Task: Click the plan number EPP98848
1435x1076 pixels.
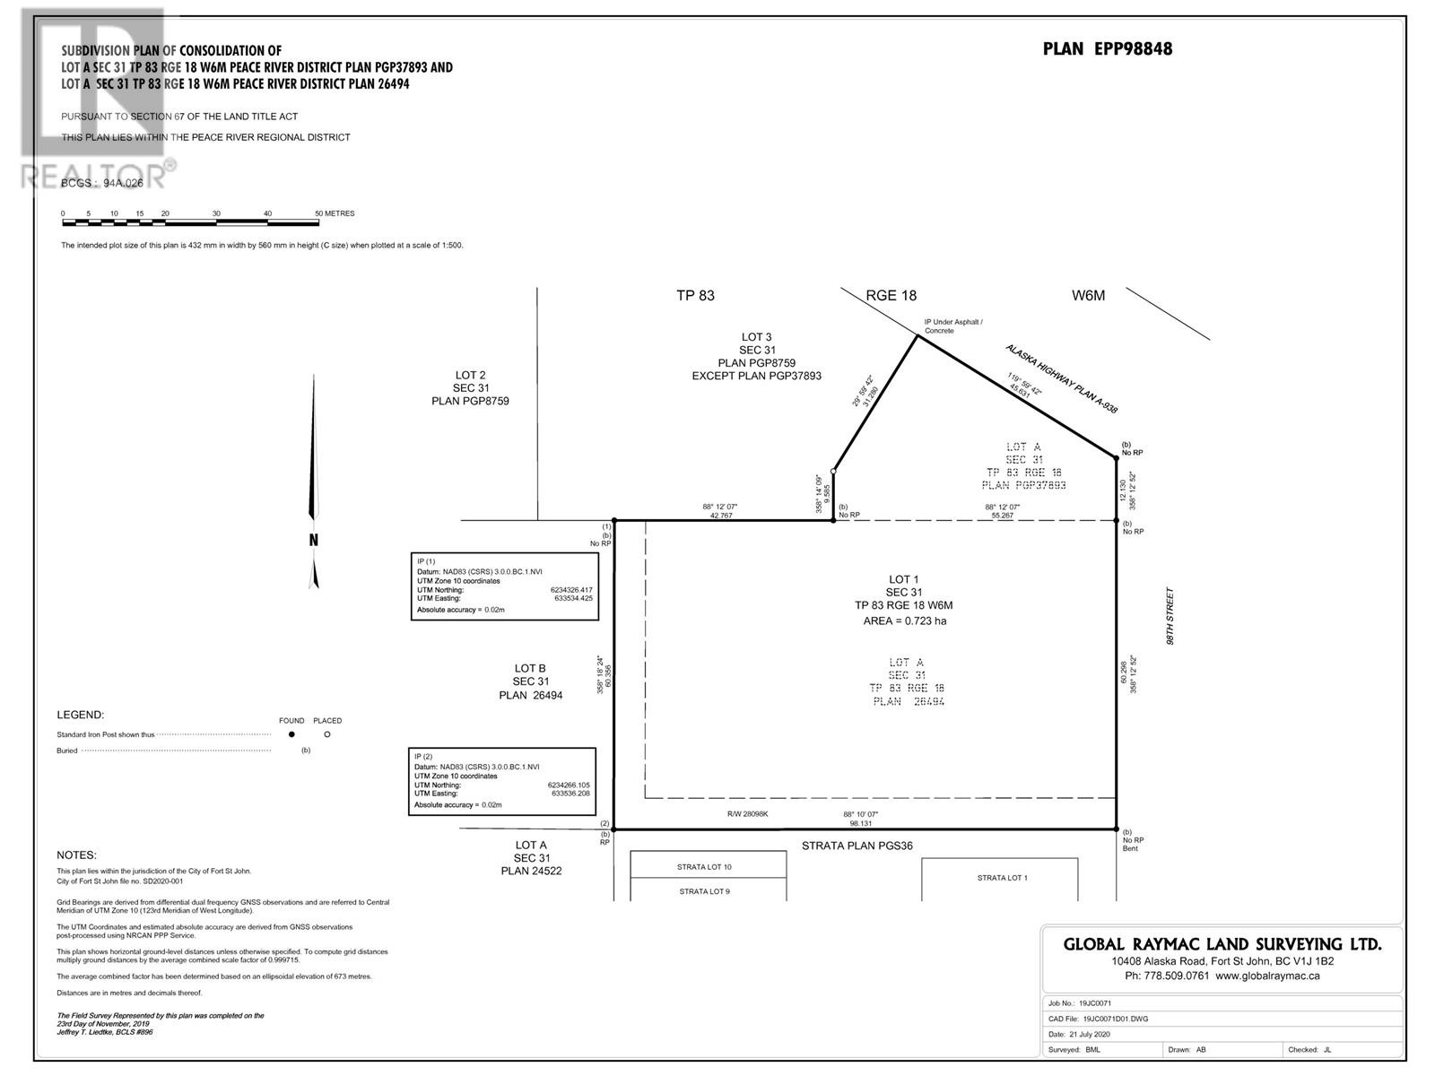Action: [x=1107, y=49]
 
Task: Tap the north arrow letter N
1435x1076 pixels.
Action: [x=314, y=540]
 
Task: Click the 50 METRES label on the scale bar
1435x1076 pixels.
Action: [x=335, y=213]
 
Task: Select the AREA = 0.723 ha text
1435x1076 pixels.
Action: [x=904, y=620]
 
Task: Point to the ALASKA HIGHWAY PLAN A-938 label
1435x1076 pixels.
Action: [x=1061, y=377]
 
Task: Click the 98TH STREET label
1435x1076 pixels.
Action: [x=1170, y=617]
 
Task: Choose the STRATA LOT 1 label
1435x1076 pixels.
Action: [x=1002, y=878]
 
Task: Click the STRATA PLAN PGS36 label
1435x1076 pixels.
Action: [x=857, y=846]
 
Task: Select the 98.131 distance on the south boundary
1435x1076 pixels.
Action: [x=860, y=823]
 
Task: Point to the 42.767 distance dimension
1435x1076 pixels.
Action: [x=720, y=516]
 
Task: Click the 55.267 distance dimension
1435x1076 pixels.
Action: [x=1002, y=516]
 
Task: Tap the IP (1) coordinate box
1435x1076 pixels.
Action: [x=504, y=586]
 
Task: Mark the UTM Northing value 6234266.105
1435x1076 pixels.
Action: [x=570, y=785]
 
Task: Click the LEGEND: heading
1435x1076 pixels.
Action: [x=81, y=715]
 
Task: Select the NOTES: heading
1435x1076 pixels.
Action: [x=76, y=855]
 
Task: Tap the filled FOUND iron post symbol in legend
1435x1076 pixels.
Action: [x=291, y=734]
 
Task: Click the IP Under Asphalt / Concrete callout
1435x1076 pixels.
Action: [x=953, y=325]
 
